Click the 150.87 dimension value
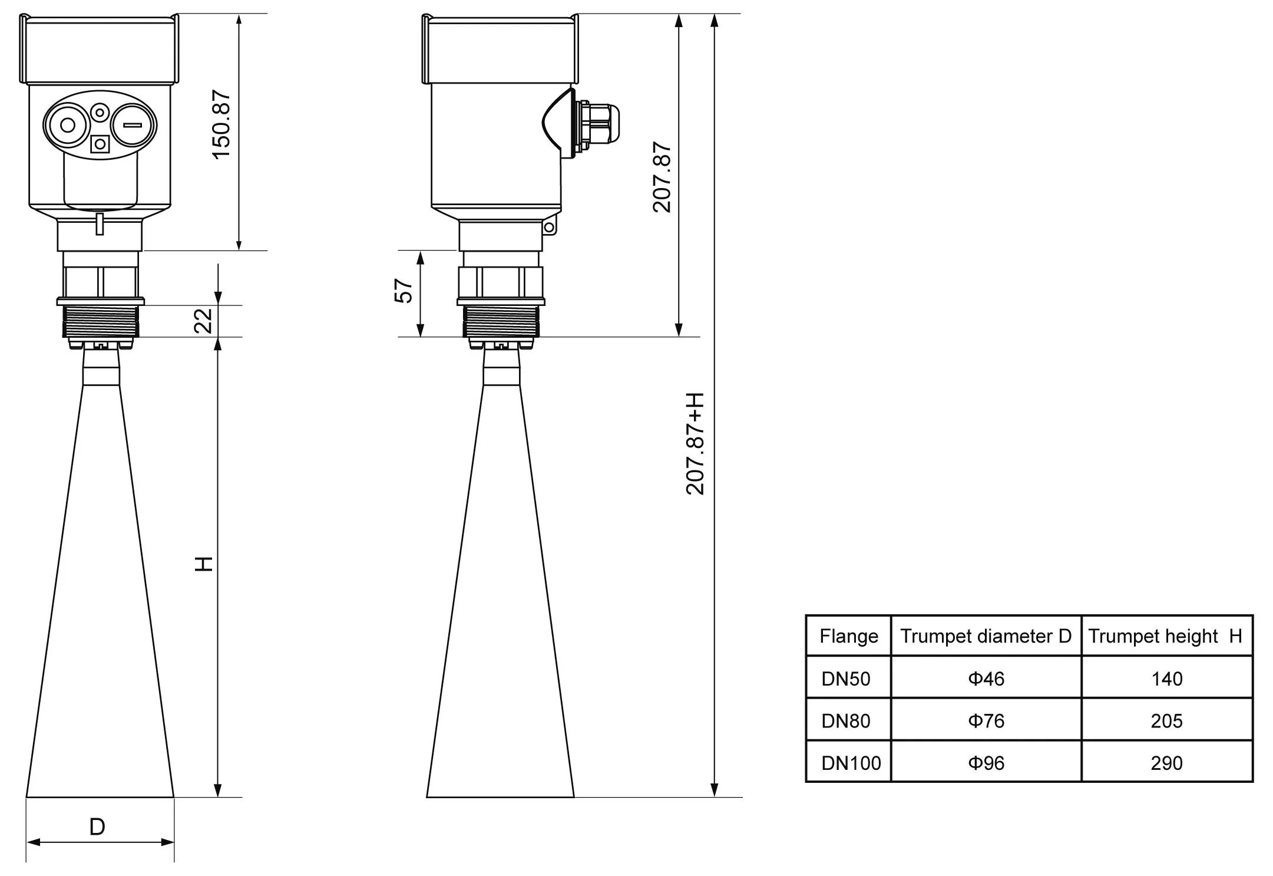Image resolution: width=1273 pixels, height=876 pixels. click(x=221, y=124)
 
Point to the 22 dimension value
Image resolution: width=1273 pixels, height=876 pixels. click(x=204, y=321)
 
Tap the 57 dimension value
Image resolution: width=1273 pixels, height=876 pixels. click(x=404, y=291)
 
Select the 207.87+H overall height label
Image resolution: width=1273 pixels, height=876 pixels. click(x=695, y=443)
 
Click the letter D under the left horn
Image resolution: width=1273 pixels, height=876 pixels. click(x=97, y=827)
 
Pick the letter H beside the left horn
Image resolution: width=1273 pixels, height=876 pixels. click(x=204, y=564)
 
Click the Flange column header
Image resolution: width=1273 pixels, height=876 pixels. click(x=848, y=636)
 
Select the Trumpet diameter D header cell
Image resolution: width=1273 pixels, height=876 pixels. click(x=986, y=636)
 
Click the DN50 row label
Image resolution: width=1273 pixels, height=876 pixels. click(x=846, y=679)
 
